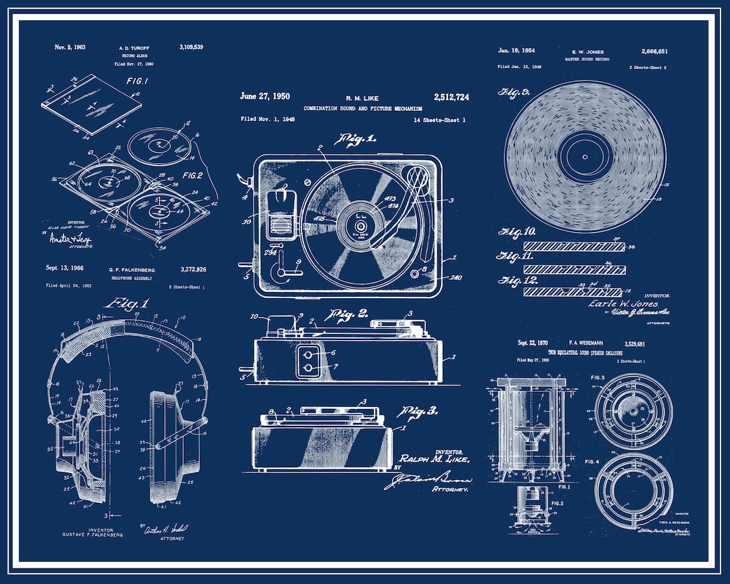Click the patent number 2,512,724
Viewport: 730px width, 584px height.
coord(451,97)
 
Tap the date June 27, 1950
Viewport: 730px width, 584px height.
coord(265,96)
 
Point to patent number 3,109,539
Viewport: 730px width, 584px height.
coord(191,47)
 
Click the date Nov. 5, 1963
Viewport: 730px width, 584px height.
coord(70,47)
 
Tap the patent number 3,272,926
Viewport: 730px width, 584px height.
coord(191,270)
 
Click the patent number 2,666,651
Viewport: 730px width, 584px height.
coord(654,51)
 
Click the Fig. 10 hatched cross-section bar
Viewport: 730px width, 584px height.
coord(575,246)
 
